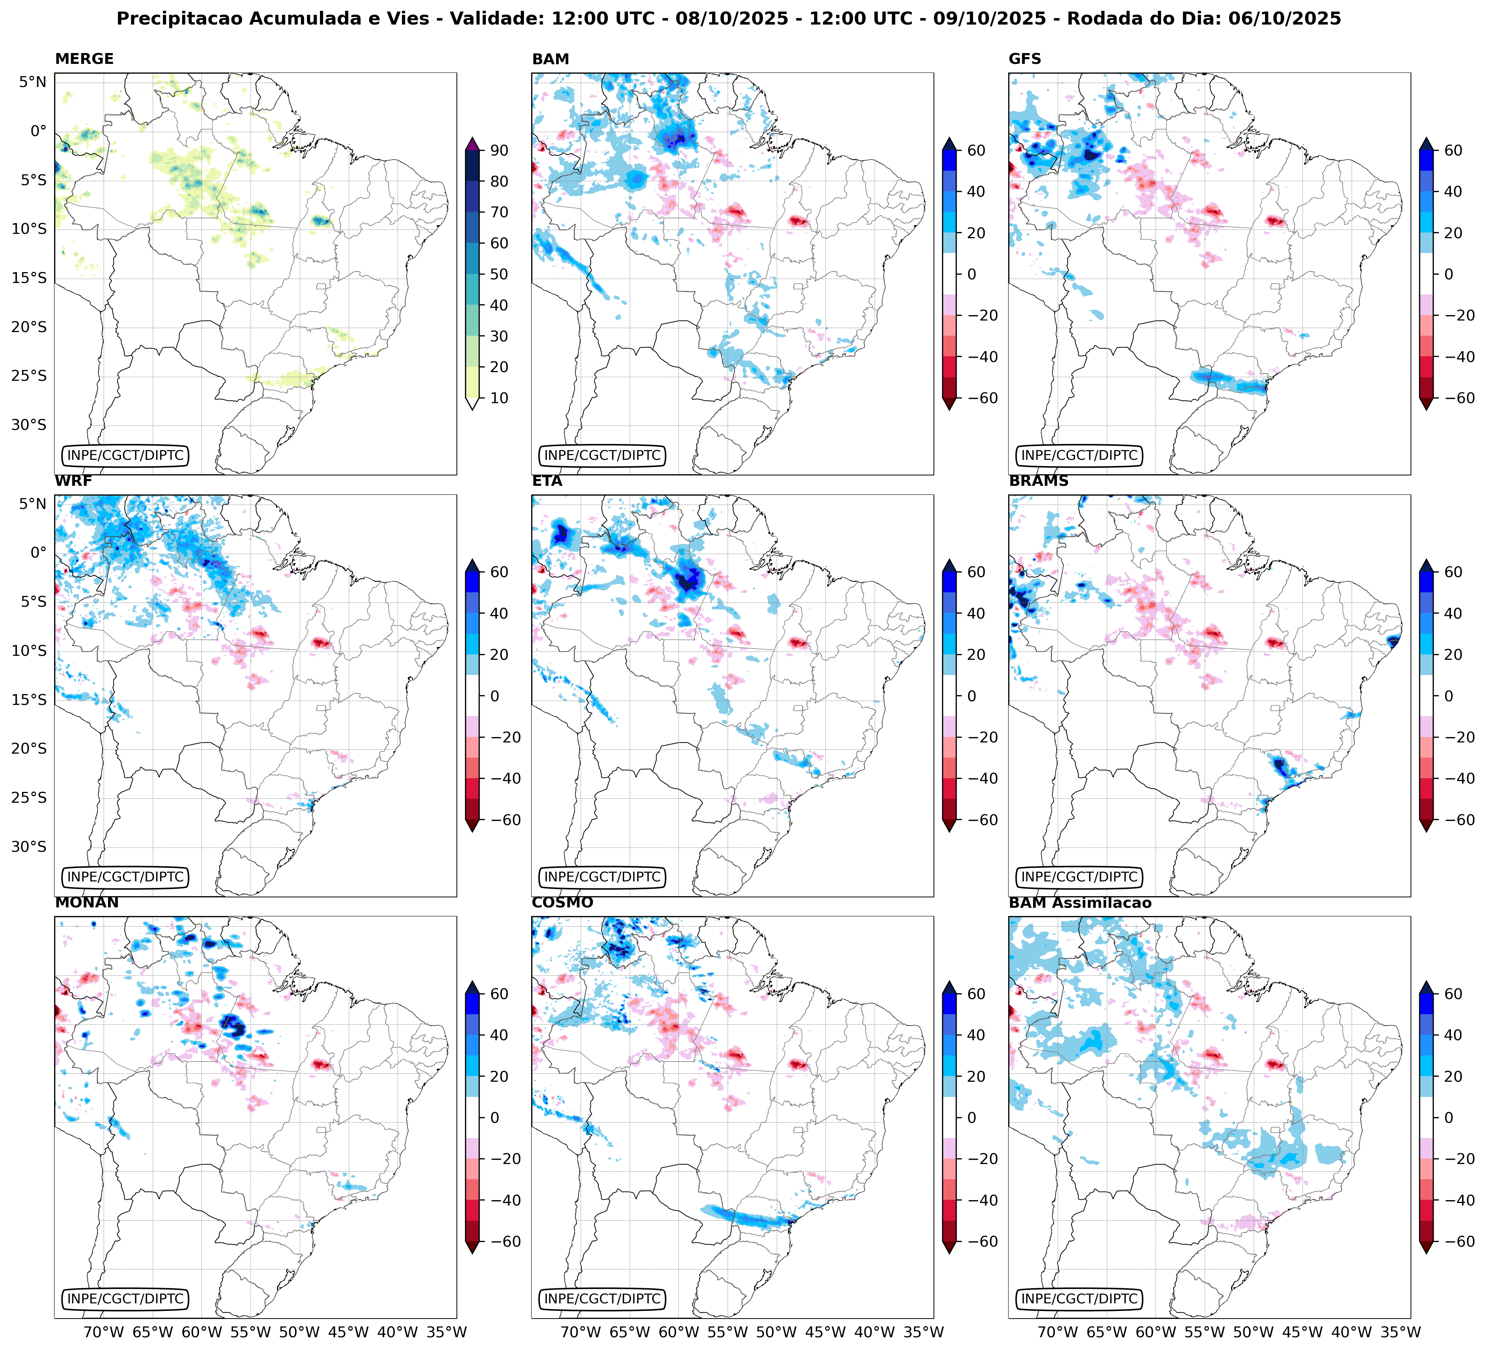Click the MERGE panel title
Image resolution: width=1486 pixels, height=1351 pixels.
[x=84, y=59]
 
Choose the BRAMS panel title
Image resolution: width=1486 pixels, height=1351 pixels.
[x=1039, y=481]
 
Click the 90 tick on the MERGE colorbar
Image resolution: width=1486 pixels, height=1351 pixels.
[x=499, y=150]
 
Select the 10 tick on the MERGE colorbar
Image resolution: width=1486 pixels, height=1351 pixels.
[x=499, y=398]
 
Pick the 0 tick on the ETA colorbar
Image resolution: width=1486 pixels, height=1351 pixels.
[x=971, y=696]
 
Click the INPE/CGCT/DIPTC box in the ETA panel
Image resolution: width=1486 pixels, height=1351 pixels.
[x=602, y=877]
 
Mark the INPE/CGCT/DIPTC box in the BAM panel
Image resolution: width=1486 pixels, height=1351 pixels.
[x=602, y=455]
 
